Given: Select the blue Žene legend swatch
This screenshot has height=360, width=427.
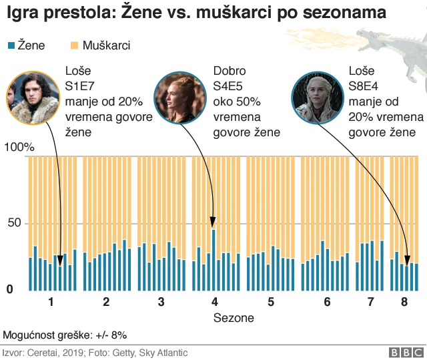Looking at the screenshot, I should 11,45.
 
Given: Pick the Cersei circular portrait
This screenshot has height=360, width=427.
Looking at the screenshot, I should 179,98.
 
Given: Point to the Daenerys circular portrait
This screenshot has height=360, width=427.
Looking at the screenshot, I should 318,98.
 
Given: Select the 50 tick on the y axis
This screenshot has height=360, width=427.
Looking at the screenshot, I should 13,223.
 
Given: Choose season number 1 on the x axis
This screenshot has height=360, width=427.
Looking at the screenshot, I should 51,302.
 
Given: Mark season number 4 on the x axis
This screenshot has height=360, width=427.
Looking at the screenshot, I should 215,302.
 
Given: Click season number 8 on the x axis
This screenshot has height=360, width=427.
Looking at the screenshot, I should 404,302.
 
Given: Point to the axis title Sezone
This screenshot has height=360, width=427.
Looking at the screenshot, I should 234,318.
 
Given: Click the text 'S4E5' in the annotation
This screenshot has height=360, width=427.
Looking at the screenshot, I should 230,86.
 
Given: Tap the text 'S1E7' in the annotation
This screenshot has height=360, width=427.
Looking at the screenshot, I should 81,86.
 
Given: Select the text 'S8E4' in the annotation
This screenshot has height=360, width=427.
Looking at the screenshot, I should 366,86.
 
